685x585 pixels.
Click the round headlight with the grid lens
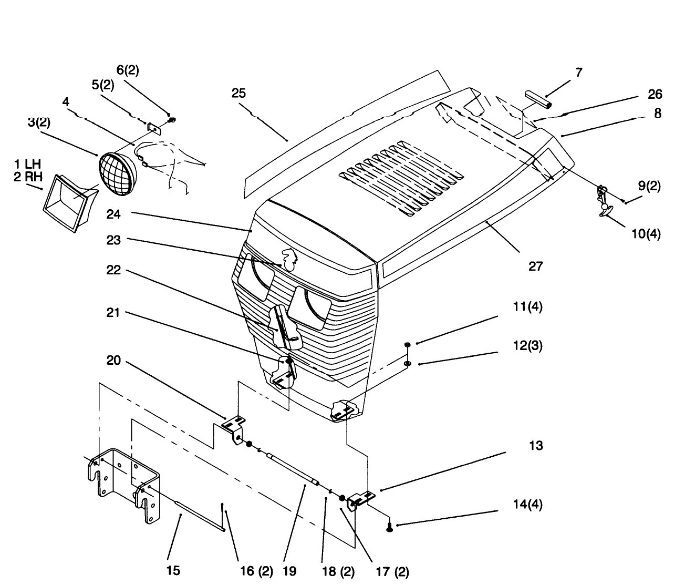pyautogui.click(x=118, y=174)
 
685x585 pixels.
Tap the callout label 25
pyautogui.click(x=238, y=93)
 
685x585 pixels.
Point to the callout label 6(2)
pyautogui.click(x=128, y=70)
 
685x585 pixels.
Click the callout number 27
pyautogui.click(x=535, y=266)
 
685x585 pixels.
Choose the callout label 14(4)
pyautogui.click(x=528, y=505)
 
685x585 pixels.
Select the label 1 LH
pyautogui.click(x=27, y=164)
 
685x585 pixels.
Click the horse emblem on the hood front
pyautogui.click(x=289, y=260)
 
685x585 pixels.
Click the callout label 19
pyautogui.click(x=289, y=571)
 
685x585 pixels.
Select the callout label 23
pyautogui.click(x=113, y=240)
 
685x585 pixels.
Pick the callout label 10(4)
pyautogui.click(x=646, y=234)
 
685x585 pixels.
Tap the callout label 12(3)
pyautogui.click(x=528, y=346)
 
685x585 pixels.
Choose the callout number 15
pyautogui.click(x=173, y=571)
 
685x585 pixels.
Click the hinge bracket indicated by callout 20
pyautogui.click(x=234, y=430)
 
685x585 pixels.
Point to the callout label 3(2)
pyautogui.click(x=39, y=122)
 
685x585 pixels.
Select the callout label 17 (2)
pyautogui.click(x=392, y=572)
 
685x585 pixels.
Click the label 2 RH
pyautogui.click(x=28, y=177)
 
